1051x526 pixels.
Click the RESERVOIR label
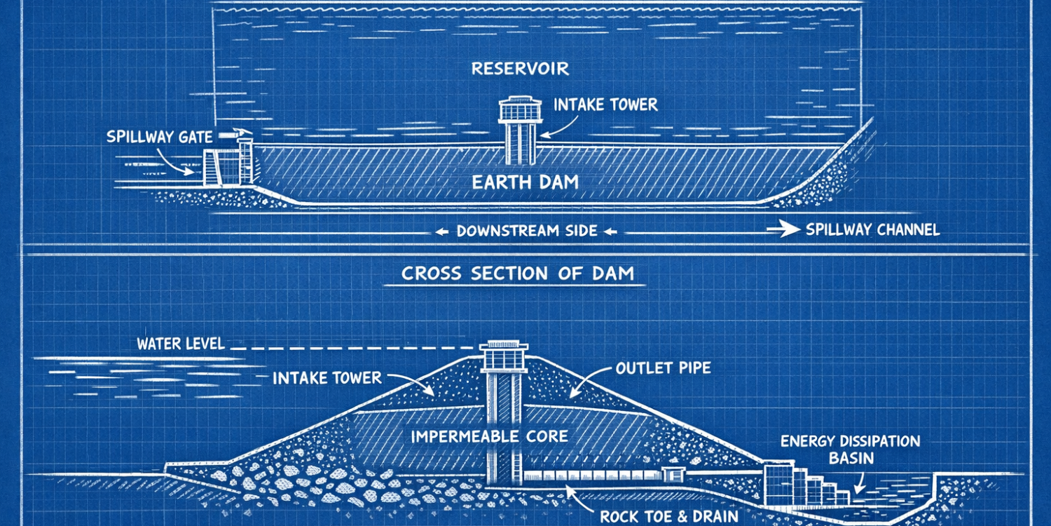tap(520, 68)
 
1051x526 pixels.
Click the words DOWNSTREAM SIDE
tap(527, 230)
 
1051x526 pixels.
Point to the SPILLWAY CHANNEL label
tap(872, 229)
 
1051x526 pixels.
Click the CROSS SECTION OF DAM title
tap(518, 274)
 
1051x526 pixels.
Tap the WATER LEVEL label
tap(180, 344)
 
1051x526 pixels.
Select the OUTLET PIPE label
tap(663, 367)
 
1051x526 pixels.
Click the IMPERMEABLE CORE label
tap(489, 436)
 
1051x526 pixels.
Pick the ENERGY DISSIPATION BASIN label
tap(850, 449)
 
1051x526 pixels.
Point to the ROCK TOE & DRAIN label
tap(668, 516)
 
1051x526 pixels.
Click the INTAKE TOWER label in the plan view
tap(605, 105)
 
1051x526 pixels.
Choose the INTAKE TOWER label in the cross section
tap(327, 378)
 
